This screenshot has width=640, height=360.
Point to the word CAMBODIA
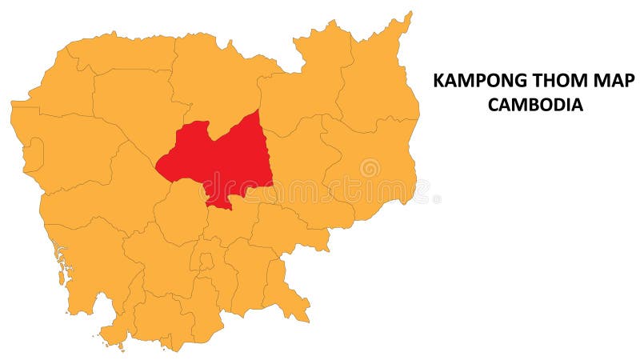[x=535, y=104]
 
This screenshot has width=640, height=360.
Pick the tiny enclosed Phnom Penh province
[x=206, y=261]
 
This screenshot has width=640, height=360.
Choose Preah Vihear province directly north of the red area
[x=212, y=80]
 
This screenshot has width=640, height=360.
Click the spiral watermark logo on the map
[x=370, y=168]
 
